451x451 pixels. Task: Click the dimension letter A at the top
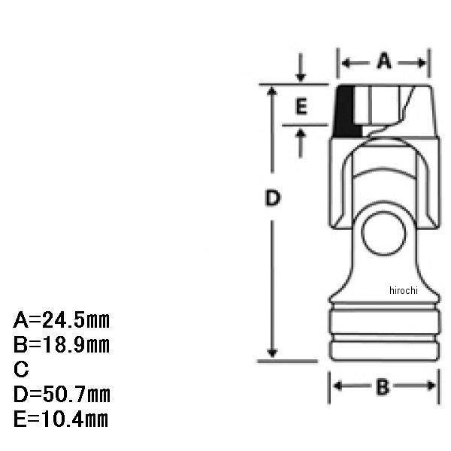(384, 61)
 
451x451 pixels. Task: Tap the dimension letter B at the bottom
(383, 387)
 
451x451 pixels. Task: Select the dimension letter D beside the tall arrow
(272, 198)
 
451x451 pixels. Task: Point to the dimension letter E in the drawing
(301, 107)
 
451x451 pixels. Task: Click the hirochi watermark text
(403, 290)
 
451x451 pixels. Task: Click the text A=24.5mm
(62, 320)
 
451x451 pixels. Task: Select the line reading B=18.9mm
(62, 345)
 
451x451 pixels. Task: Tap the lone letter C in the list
(21, 369)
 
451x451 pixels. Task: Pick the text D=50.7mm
(62, 394)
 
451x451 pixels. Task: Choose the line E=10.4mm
(61, 419)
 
